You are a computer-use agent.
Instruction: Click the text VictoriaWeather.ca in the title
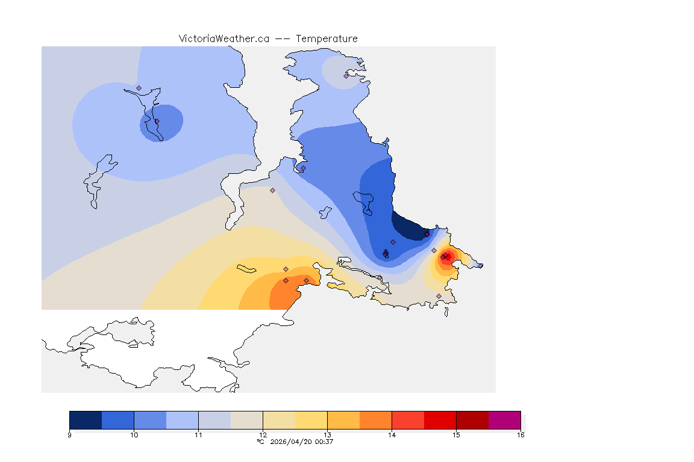click(x=224, y=38)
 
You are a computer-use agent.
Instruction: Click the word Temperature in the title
click(x=327, y=38)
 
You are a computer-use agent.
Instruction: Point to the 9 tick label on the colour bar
click(x=69, y=435)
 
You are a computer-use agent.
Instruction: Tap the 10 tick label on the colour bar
click(x=134, y=435)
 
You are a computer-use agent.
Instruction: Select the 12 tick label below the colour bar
click(x=263, y=435)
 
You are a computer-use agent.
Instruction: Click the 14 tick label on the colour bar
click(x=392, y=435)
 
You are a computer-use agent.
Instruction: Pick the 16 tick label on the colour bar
click(x=520, y=435)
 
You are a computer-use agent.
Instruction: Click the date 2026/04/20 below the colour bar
click(x=290, y=442)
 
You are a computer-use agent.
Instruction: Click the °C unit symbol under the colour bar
click(x=260, y=442)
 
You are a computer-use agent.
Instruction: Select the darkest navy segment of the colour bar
click(x=86, y=419)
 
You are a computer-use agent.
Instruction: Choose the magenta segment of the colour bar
click(x=504, y=419)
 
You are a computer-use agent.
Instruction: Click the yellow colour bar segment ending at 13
click(x=311, y=419)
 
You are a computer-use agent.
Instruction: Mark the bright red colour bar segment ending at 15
click(x=440, y=419)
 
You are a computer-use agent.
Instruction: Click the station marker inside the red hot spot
click(x=443, y=257)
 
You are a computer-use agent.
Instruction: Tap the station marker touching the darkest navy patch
click(x=427, y=234)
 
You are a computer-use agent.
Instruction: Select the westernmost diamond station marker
click(x=139, y=88)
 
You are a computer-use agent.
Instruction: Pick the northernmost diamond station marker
click(x=346, y=76)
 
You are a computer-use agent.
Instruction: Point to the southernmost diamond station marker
click(x=439, y=296)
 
